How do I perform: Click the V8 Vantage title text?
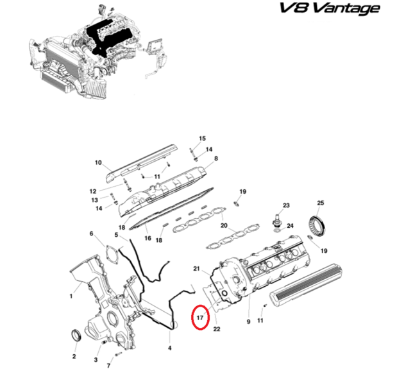point(330,8)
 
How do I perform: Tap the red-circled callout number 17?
point(200,318)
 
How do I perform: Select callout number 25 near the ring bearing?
point(321,203)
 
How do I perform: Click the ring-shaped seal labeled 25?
point(317,226)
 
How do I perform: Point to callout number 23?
point(286,205)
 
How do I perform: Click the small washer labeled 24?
point(278,230)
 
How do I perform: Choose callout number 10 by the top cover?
point(98,162)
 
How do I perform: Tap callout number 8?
point(216,158)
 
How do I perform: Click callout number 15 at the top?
point(202,139)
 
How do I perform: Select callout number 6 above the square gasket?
point(92,234)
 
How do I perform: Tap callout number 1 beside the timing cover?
point(71,296)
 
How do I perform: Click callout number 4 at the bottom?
point(169,348)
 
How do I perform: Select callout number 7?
point(108,366)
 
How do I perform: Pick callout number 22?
point(217,329)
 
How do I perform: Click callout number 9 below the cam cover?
point(248,321)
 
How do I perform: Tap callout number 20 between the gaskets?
point(224,225)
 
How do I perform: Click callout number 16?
point(148,238)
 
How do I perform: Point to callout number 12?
point(93,191)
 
